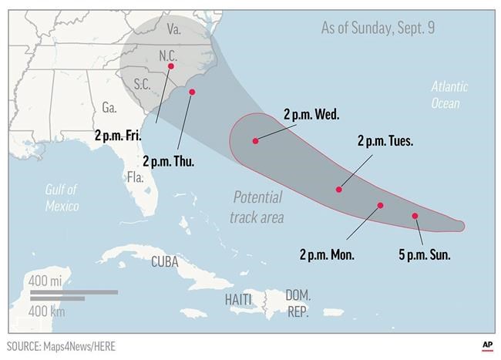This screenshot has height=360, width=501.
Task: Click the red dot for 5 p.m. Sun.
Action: tap(415, 216)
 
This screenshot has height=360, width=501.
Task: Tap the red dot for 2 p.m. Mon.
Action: tap(380, 205)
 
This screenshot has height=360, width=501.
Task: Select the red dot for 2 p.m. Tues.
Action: tap(338, 189)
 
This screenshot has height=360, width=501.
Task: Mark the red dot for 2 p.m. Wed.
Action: tap(254, 141)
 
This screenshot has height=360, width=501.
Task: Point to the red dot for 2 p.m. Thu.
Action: tap(192, 93)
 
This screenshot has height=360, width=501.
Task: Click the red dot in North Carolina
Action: tap(170, 66)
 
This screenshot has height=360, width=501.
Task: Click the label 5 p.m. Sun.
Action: tap(424, 254)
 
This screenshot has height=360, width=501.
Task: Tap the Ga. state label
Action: tap(109, 107)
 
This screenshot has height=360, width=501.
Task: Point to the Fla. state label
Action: tap(136, 177)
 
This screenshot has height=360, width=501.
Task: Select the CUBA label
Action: tap(164, 261)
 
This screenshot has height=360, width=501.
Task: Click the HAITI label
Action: tap(238, 298)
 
